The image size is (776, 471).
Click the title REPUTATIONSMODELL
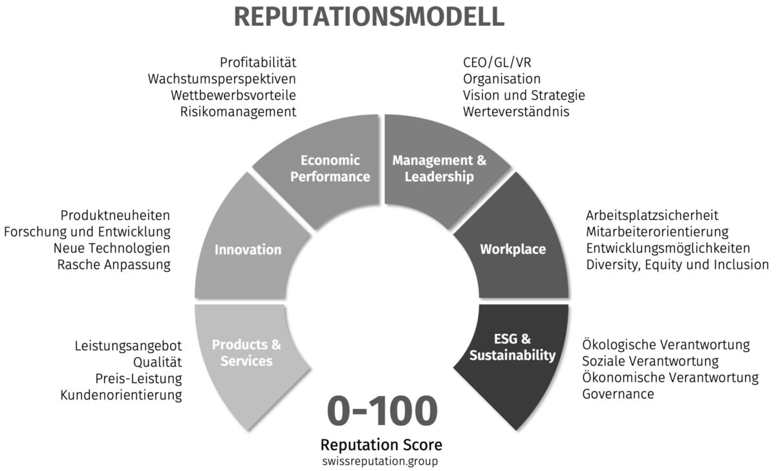[369, 17]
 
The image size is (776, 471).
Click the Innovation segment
[248, 249]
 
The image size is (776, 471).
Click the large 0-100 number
[382, 412]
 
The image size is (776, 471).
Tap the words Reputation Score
[382, 445]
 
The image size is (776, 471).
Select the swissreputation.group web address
[382, 461]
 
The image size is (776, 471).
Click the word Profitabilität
[257, 63]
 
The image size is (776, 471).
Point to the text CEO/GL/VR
[497, 63]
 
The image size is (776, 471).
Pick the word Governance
[618, 393]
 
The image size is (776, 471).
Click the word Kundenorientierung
[121, 395]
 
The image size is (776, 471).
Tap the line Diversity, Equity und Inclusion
[677, 264]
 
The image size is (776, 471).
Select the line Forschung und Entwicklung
[87, 231]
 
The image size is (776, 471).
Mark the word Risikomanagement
[238, 112]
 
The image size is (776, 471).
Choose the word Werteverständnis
[516, 112]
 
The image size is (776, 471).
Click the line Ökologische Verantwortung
[666, 344]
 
